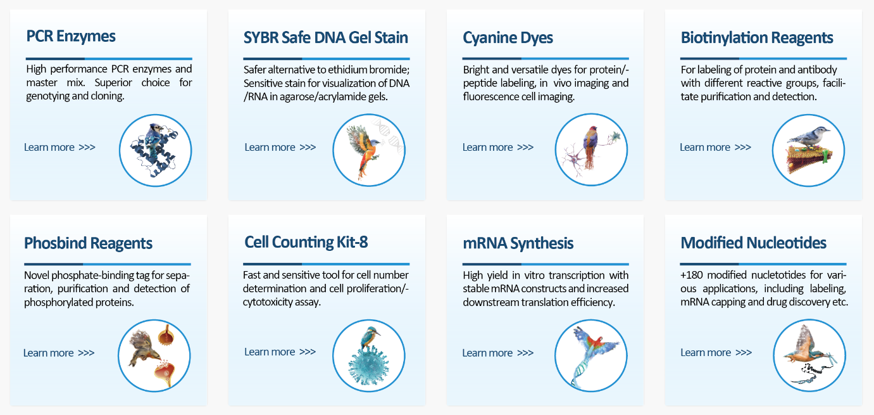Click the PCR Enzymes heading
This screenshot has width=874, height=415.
[x=71, y=36]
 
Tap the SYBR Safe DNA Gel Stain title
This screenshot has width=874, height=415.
[x=326, y=37]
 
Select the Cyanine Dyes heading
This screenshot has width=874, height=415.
[x=508, y=38]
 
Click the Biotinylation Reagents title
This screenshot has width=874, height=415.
[x=757, y=38]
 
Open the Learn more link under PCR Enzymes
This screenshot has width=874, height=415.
[x=59, y=148]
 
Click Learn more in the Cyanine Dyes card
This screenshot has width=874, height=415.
[x=498, y=148]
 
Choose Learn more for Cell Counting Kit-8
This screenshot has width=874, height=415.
[x=280, y=352]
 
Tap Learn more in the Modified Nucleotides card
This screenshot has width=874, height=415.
[x=716, y=352]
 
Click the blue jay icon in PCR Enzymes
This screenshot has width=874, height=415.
[x=155, y=150]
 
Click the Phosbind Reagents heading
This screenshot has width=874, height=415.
[x=88, y=243]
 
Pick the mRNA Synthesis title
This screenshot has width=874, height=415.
[x=518, y=243]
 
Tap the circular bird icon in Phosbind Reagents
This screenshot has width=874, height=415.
[x=154, y=355]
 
